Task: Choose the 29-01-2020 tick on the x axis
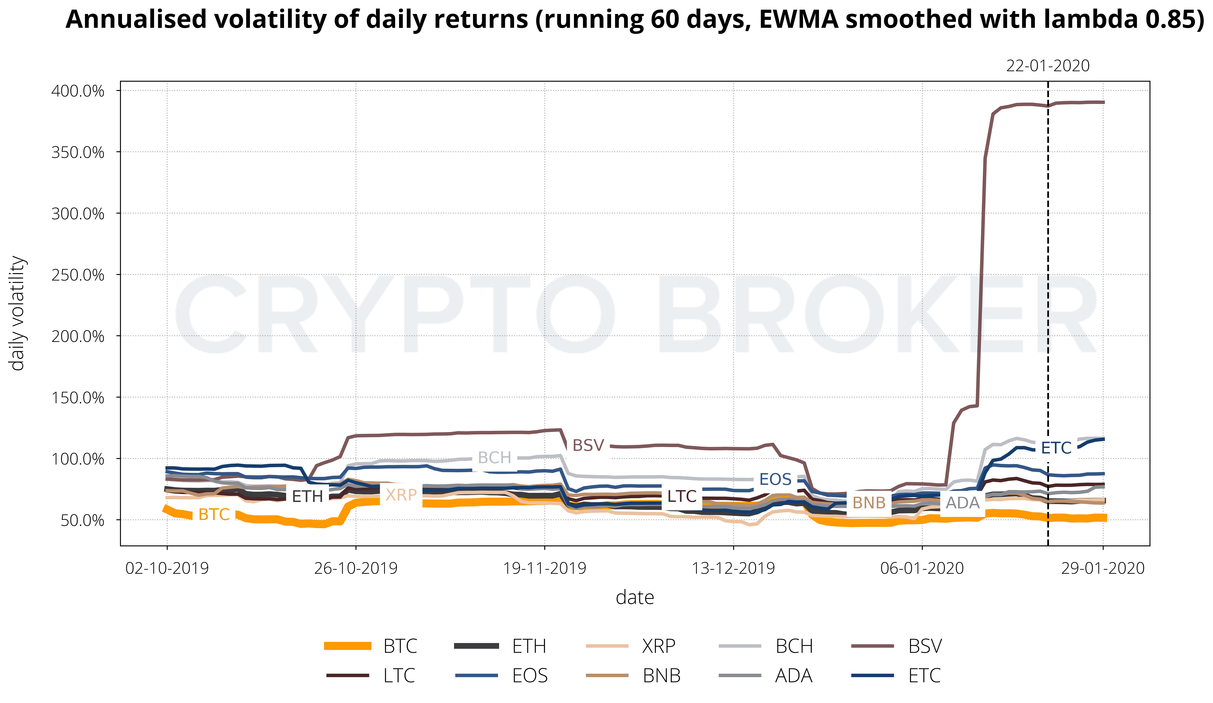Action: [1103, 568]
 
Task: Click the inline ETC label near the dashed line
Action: [1056, 448]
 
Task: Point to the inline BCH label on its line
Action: [494, 458]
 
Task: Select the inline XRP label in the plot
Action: [401, 495]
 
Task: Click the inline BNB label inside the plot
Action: [869, 503]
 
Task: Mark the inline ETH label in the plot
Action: [307, 496]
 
